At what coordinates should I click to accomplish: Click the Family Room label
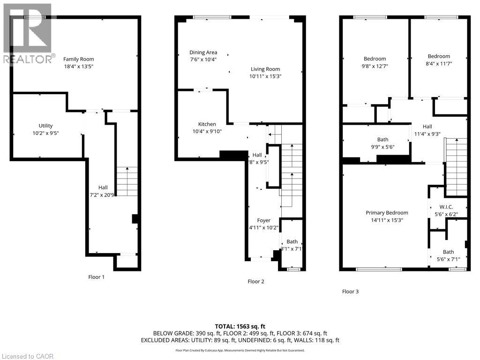click(79, 59)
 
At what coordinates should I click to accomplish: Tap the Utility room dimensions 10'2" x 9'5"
click(46, 133)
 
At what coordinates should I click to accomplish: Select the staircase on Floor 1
click(127, 181)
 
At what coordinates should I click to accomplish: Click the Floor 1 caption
click(96, 277)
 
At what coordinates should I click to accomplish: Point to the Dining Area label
click(203, 52)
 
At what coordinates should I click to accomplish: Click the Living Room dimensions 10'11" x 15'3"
click(265, 76)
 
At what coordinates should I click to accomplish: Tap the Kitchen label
click(207, 124)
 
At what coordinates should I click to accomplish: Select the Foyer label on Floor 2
click(263, 220)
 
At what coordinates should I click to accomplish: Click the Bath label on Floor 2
click(292, 242)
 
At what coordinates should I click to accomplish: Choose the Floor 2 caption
click(256, 282)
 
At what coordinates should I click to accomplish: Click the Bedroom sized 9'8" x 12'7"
click(375, 59)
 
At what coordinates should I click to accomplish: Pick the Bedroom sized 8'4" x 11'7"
click(439, 56)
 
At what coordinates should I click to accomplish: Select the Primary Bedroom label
click(387, 212)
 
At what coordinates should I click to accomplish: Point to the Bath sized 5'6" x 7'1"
click(448, 252)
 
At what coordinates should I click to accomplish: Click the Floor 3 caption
click(350, 292)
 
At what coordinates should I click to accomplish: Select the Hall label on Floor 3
click(427, 127)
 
